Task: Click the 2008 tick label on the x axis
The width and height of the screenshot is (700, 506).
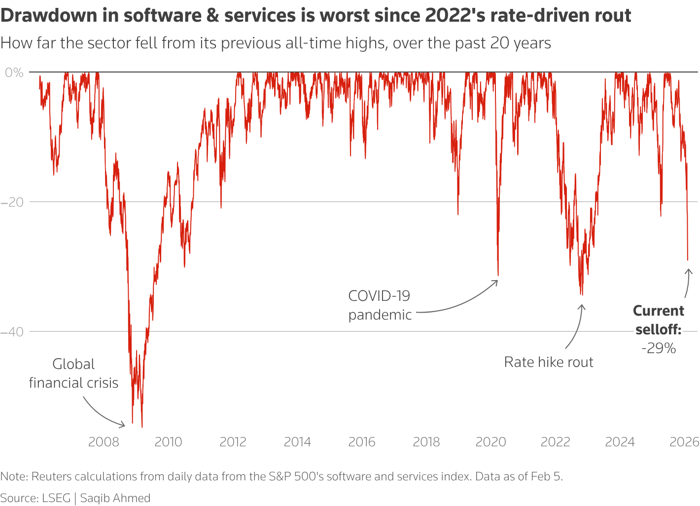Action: click(x=104, y=441)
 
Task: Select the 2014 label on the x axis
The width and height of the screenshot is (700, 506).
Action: click(x=297, y=441)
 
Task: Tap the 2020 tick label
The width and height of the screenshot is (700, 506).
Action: click(x=490, y=441)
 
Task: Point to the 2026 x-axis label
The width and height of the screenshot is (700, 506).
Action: click(x=684, y=441)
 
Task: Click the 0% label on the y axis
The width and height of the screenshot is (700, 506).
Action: click(x=14, y=72)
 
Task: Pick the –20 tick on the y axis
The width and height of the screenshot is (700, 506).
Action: click(x=12, y=202)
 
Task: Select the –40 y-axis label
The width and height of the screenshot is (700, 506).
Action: click(x=12, y=331)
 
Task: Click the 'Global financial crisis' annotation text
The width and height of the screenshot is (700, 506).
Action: click(x=73, y=373)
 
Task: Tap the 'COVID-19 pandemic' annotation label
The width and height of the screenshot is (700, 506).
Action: click(x=380, y=305)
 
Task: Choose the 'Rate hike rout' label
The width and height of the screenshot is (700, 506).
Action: click(x=548, y=362)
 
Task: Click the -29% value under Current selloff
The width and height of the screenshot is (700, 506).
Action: click(x=658, y=348)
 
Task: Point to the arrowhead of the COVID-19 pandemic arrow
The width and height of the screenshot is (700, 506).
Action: click(x=497, y=281)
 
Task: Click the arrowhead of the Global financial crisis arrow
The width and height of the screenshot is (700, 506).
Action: click(x=124, y=425)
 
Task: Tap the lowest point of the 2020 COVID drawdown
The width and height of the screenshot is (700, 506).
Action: click(x=498, y=275)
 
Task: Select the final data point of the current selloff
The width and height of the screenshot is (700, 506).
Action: click(x=688, y=260)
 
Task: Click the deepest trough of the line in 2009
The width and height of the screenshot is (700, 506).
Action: click(x=142, y=427)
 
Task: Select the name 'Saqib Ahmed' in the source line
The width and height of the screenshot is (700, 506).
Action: click(x=115, y=498)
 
